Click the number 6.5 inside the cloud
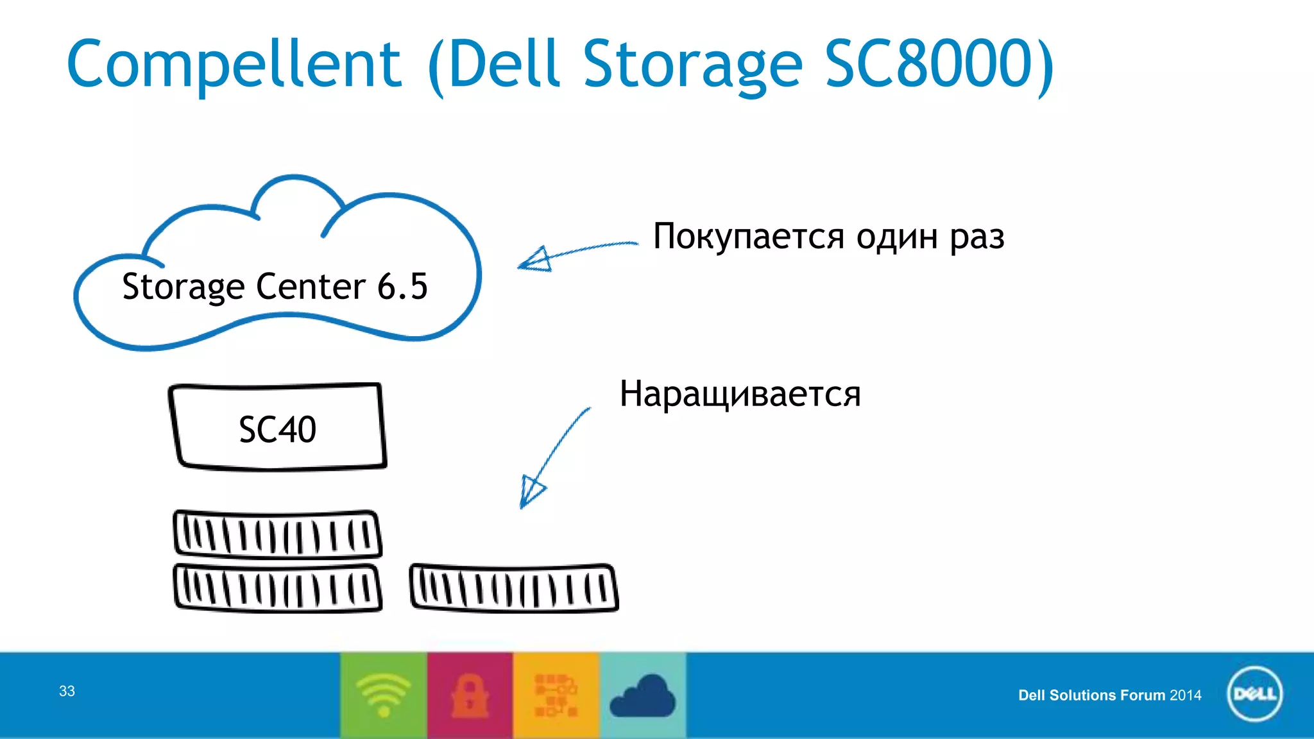coord(402,286)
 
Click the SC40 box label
coord(277,429)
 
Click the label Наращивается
coord(739,394)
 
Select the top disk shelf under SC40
coord(277,534)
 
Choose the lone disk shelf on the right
coord(513,588)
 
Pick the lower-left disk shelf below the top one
coord(277,588)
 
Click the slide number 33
coord(67,691)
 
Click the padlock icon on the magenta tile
coord(470,696)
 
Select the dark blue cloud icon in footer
coord(642,697)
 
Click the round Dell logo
coord(1254,694)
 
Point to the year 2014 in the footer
coord(1185,695)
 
